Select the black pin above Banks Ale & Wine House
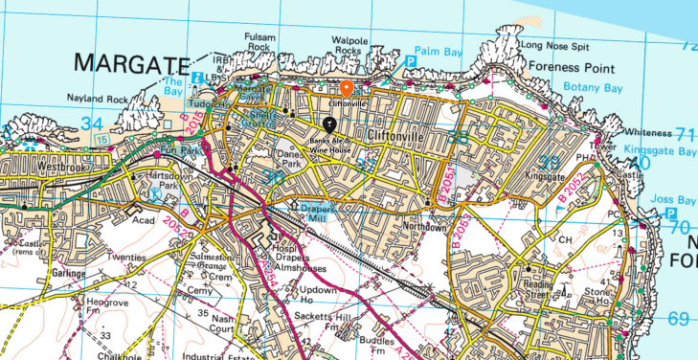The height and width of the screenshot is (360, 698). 329,124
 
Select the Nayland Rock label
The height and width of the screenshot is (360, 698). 96,98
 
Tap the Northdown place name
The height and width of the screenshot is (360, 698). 422,228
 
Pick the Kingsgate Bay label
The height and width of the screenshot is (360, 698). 661,150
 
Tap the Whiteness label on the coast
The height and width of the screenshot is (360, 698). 647,131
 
